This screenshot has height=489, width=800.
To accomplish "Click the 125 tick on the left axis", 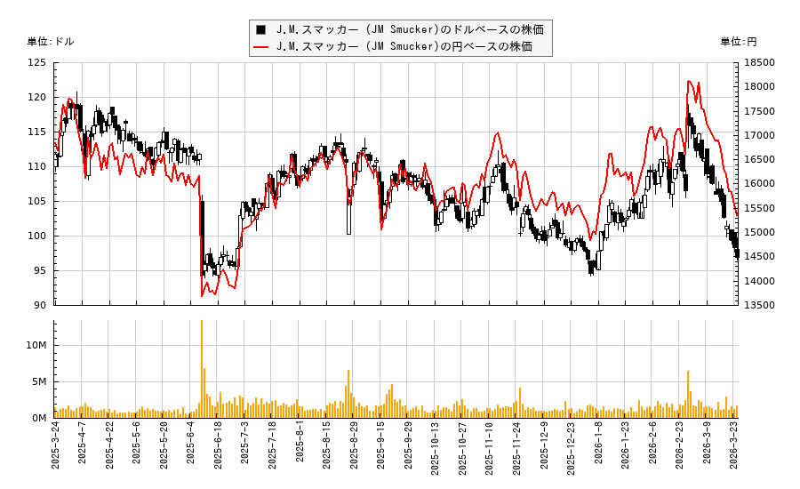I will click(37, 63).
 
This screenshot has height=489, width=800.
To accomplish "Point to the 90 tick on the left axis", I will click(40, 305).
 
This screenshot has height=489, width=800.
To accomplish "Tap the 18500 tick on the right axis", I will click(760, 63).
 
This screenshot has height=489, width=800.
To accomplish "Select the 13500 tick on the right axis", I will click(760, 305).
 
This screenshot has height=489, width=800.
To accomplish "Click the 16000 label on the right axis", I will click(760, 184).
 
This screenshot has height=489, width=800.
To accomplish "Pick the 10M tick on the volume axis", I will click(36, 345).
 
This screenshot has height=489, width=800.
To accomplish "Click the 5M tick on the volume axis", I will click(38, 381).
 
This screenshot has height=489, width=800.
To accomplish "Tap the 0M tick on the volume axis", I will click(38, 418).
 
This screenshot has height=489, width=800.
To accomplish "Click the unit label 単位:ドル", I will click(52, 42).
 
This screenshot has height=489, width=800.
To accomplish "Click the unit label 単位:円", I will click(738, 42).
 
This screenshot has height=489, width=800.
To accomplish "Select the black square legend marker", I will click(260, 29).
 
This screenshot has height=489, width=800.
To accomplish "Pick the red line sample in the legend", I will click(260, 46).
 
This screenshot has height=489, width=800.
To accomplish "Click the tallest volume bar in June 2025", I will click(202, 369).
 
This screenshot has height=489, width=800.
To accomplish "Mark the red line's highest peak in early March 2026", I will click(689, 82).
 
